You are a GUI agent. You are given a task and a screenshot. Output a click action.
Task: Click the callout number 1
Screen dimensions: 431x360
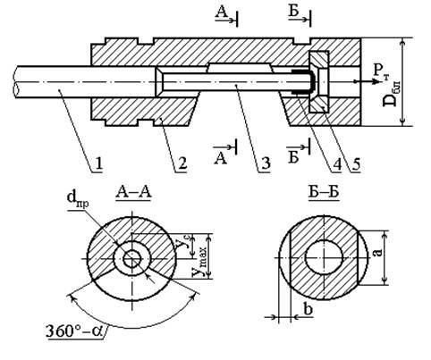click(x=98, y=164)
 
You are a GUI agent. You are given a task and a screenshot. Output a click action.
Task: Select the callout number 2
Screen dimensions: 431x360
click(x=182, y=164)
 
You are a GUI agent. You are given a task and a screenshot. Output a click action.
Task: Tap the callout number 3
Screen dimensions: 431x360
click(x=265, y=164)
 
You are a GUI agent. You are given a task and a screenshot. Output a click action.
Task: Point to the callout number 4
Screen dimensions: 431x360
click(x=337, y=164)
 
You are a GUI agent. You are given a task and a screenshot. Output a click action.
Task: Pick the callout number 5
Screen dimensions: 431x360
click(x=355, y=164)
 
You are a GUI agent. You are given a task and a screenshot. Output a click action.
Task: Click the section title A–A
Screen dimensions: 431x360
click(x=134, y=192)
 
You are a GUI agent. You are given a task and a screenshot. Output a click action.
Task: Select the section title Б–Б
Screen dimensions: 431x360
click(x=324, y=192)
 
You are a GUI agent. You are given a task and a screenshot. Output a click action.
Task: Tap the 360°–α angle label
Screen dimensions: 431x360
click(x=74, y=331)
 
